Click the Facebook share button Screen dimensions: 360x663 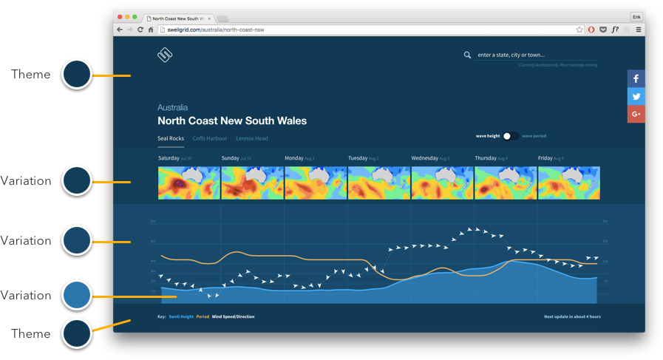(x=636, y=79)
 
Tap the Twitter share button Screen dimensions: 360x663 (x=636, y=97)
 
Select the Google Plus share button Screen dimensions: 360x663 (x=636, y=114)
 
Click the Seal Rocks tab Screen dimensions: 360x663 (x=171, y=138)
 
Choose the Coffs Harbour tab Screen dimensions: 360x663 (x=210, y=138)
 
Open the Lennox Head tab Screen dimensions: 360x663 (x=252, y=138)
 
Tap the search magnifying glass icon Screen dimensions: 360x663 (x=467, y=55)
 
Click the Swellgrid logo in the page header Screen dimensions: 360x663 (x=164, y=55)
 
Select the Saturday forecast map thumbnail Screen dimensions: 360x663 (x=189, y=183)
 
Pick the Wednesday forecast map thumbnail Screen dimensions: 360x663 (x=442, y=183)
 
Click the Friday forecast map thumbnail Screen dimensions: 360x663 (x=568, y=183)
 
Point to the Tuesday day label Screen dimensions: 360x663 (x=358, y=158)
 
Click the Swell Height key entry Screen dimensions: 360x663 (x=181, y=316)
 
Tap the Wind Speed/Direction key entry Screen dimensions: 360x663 (x=233, y=316)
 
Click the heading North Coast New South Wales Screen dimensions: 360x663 (x=232, y=120)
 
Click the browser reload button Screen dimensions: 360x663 (x=140, y=30)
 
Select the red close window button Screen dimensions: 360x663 (x=119, y=16)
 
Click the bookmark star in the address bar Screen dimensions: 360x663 (x=580, y=30)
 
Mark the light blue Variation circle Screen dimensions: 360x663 (x=76, y=295)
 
